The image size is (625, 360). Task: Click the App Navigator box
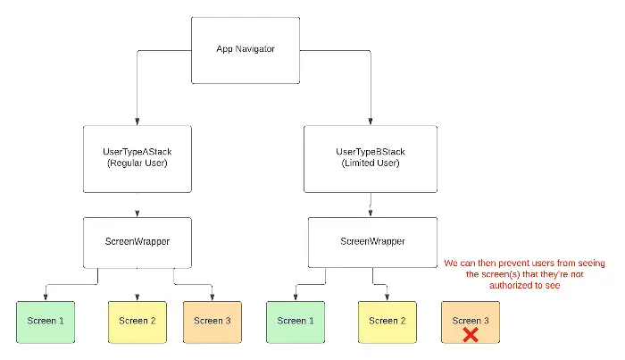(x=246, y=48)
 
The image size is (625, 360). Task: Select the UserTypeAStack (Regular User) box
(x=137, y=158)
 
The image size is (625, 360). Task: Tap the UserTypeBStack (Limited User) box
(x=371, y=158)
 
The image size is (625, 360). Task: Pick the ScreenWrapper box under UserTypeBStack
(x=371, y=242)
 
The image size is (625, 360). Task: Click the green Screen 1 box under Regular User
(x=44, y=321)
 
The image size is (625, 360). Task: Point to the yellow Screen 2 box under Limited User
(x=384, y=321)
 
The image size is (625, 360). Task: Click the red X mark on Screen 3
(x=468, y=334)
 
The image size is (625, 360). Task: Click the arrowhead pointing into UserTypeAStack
(x=137, y=121)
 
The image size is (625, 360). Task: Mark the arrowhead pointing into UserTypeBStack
(x=370, y=121)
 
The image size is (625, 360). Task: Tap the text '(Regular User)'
(x=137, y=164)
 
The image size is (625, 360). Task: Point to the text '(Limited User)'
(x=371, y=164)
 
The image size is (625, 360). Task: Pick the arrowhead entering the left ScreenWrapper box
(x=137, y=214)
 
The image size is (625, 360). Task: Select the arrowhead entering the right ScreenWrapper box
(x=371, y=214)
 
